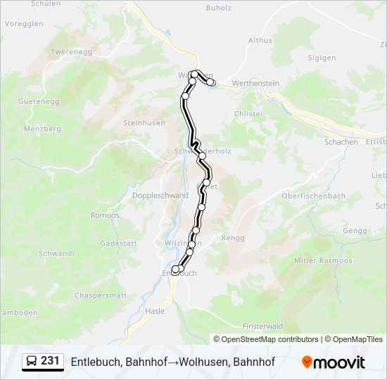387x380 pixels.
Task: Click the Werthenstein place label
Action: (255, 84)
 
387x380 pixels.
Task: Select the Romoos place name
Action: (105, 215)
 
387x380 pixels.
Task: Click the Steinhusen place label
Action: (143, 122)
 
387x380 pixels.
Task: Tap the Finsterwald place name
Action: (262, 327)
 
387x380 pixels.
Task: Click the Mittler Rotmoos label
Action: (323, 260)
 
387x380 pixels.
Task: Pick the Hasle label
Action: (154, 310)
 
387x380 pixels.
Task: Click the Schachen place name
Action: (341, 141)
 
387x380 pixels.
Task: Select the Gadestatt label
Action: (118, 243)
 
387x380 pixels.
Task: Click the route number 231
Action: (50, 361)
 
